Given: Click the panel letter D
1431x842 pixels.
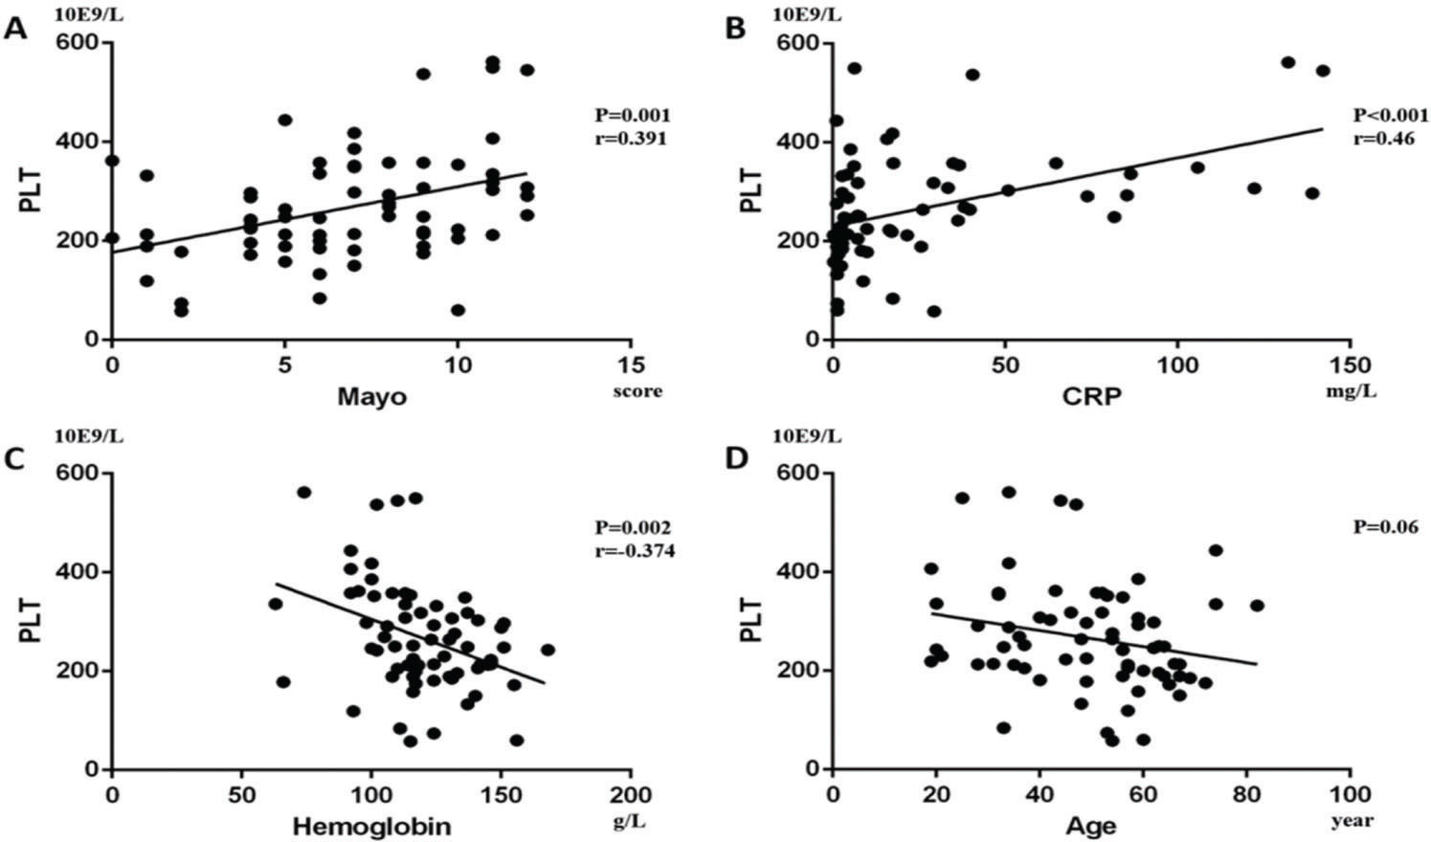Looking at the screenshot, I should pos(736,459).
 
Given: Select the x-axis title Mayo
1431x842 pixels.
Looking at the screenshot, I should pos(370,396).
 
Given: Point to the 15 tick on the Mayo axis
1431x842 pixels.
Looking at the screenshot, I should pos(631,365).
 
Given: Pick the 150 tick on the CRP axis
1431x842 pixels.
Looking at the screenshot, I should pos(1350,365).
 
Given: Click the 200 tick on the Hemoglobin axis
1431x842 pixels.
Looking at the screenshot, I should pos(630,795).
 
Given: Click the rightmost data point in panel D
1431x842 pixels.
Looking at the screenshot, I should pos(1257,606).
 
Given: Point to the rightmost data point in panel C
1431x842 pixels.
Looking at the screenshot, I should pos(548,650).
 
